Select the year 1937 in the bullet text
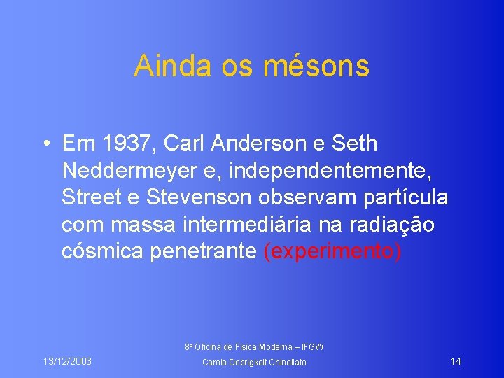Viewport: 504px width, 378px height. pyautogui.click(x=131, y=144)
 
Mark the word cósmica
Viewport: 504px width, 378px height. pyautogui.click(x=103, y=252)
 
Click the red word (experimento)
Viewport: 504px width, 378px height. pyautogui.click(x=332, y=252)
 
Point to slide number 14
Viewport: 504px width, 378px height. pyautogui.click(x=455, y=361)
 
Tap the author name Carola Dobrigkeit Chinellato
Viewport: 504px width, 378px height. pyautogui.click(x=253, y=362)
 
